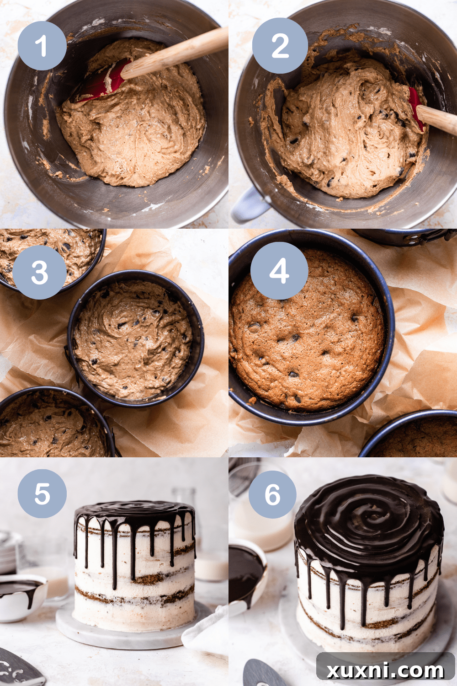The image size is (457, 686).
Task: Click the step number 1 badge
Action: coord(42,46)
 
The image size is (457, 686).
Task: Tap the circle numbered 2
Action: coord(280,46)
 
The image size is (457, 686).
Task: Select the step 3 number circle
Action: coord(39,272)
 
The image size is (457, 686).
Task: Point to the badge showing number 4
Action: coord(279,270)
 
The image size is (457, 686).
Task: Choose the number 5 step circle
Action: coord(42,493)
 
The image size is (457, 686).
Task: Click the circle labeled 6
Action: coord(272,494)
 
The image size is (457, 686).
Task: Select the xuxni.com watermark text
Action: coord(385,670)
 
